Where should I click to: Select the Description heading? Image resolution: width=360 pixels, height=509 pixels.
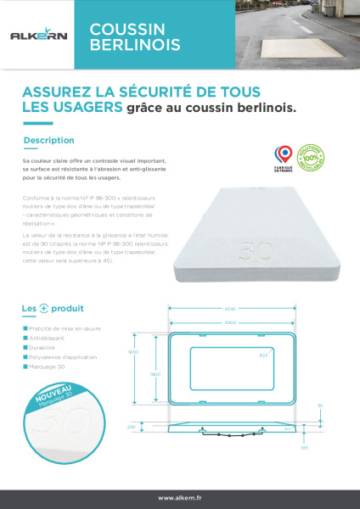point(49,140)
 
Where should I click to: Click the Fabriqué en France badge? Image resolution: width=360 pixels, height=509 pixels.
point(283,156)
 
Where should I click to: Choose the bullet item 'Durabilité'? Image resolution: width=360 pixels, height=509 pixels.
point(46,348)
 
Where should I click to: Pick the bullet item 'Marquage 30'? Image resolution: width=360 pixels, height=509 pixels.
point(48,368)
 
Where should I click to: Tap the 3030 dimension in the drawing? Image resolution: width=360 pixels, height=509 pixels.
point(229,309)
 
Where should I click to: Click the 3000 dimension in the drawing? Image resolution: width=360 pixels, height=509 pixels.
point(229,323)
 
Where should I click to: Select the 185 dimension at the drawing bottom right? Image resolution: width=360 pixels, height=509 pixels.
point(327,448)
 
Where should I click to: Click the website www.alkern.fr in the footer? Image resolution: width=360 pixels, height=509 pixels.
point(179,498)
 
